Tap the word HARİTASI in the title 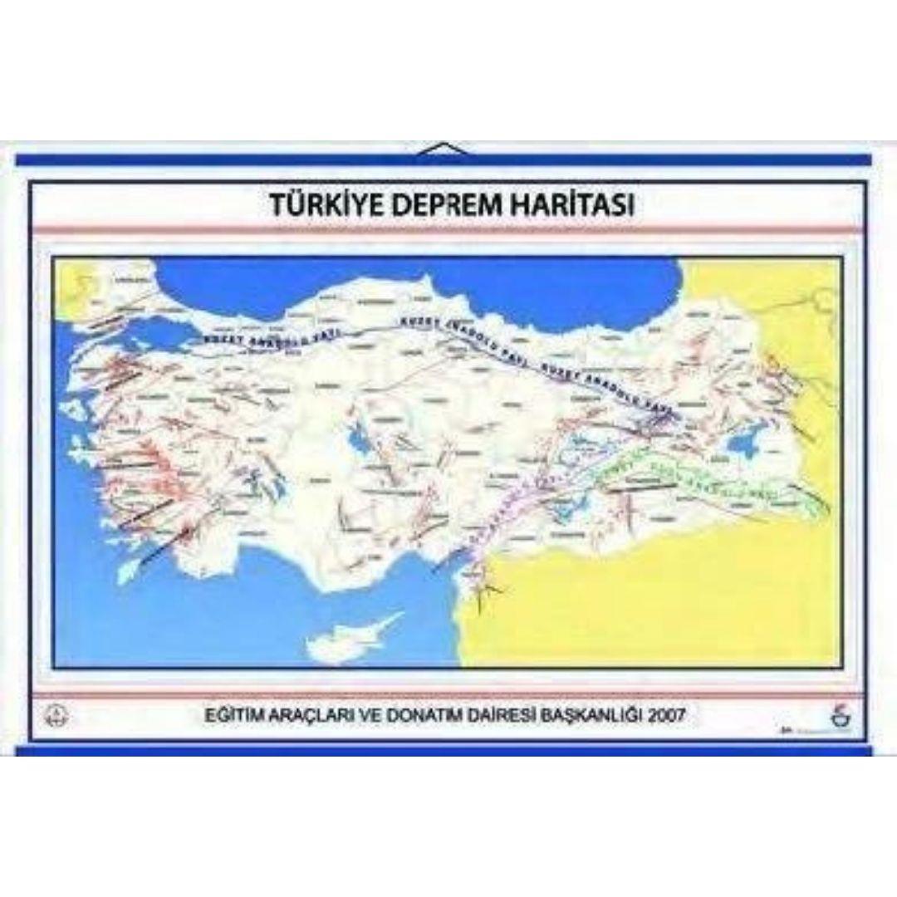575,204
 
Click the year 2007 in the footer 669,713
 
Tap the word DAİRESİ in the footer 489,713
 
